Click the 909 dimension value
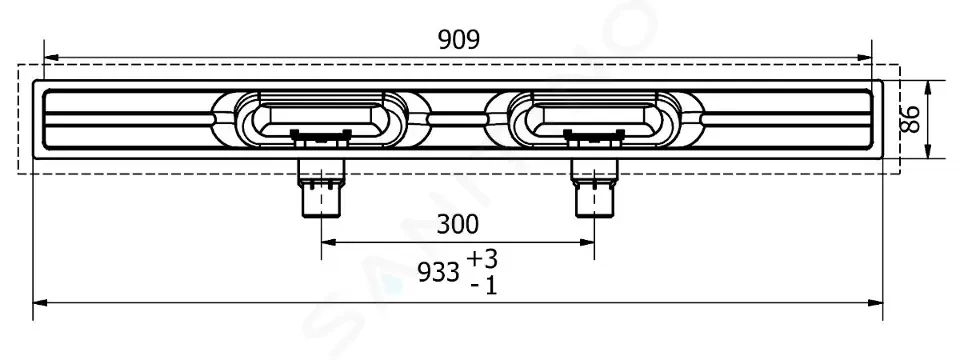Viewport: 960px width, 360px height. [459, 40]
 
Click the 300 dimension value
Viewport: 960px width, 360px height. [458, 225]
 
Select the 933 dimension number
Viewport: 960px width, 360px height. [438, 272]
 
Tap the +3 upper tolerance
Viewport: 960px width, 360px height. [482, 260]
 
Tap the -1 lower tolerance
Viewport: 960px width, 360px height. [484, 285]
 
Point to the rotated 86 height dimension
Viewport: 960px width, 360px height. [912, 119]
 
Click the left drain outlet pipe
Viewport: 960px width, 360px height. [321, 188]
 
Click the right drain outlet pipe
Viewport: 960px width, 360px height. [594, 188]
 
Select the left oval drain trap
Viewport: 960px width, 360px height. [321, 119]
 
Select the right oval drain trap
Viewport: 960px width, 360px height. [594, 119]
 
